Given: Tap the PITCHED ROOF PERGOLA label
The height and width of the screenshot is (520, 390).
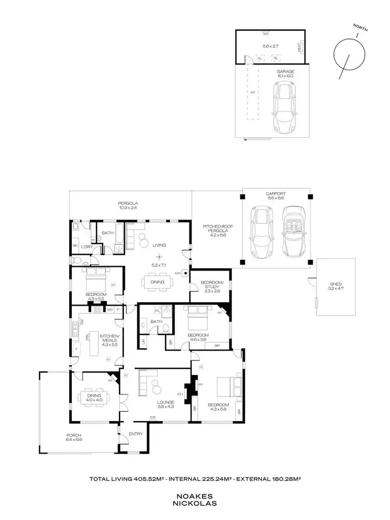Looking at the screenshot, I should tap(214, 231).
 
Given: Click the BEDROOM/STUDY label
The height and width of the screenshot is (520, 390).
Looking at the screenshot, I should tap(211, 285).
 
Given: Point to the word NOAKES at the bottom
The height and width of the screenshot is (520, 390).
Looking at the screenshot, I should tap(194, 496).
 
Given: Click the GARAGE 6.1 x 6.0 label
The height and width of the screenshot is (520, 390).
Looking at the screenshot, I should tap(285, 73).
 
